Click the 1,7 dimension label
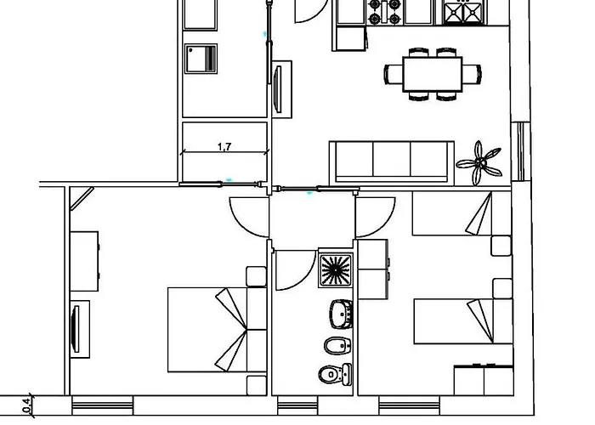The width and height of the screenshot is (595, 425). pyautogui.click(x=224, y=146)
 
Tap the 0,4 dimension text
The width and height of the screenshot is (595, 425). pyautogui.click(x=26, y=405)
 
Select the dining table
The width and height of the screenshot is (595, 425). pyautogui.click(x=432, y=74)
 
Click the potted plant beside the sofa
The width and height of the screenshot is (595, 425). pyautogui.click(x=479, y=163)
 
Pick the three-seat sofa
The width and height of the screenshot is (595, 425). pyautogui.click(x=392, y=163)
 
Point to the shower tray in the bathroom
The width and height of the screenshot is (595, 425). pyautogui.click(x=336, y=269)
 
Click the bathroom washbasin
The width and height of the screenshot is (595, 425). pyautogui.click(x=342, y=314)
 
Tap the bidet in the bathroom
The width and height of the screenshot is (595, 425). pyautogui.click(x=337, y=345)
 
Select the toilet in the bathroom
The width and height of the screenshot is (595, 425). pyautogui.click(x=336, y=375)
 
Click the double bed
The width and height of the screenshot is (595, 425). pyautogui.click(x=217, y=330)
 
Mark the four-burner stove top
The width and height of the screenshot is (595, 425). pyautogui.click(x=384, y=12)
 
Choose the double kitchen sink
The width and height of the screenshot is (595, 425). pyautogui.click(x=463, y=13)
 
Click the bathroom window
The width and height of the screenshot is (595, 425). pyautogui.click(x=297, y=405)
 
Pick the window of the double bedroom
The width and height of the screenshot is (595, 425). pyautogui.click(x=103, y=405)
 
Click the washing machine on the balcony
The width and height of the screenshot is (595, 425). pyautogui.click(x=201, y=59)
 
